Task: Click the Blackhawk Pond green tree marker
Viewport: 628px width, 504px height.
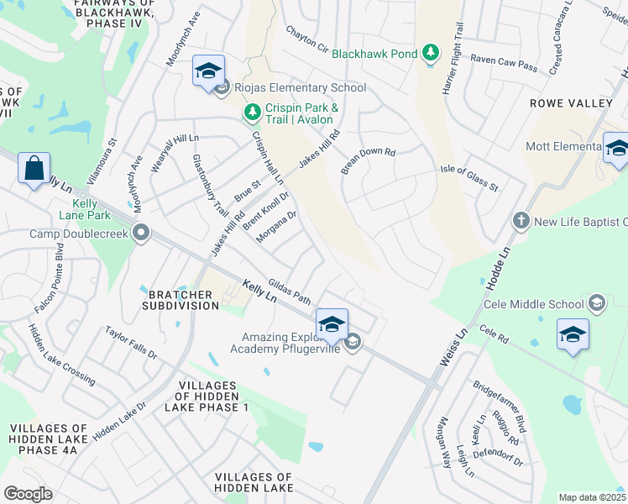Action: click(431, 54)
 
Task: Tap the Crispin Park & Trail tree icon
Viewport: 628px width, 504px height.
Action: click(251, 112)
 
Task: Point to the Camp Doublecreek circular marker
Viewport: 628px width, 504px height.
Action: click(142, 233)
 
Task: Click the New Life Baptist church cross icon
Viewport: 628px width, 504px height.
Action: click(521, 221)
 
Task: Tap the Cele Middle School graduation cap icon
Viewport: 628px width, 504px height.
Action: click(597, 303)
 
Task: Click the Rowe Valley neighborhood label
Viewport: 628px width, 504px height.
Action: click(571, 103)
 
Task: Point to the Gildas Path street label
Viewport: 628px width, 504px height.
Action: click(290, 290)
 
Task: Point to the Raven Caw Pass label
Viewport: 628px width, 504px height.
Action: click(503, 60)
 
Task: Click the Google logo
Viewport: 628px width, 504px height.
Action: click(28, 494)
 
